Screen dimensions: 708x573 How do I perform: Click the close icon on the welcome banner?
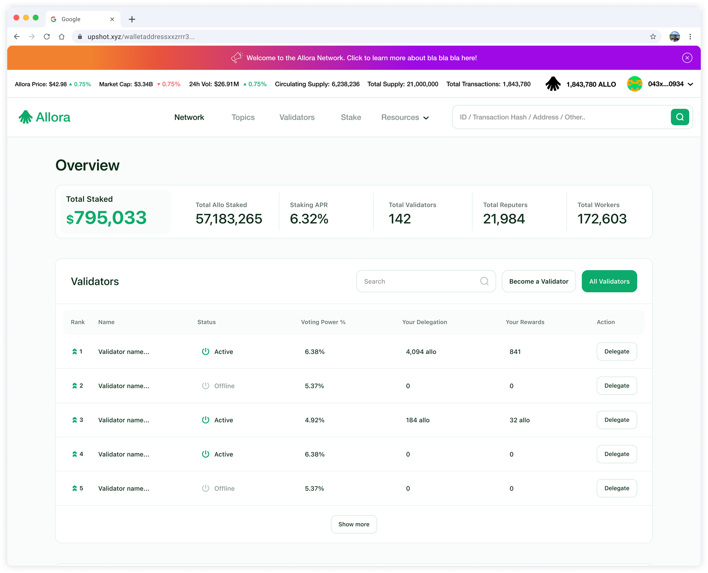point(687,58)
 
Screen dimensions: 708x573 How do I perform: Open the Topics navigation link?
point(243,117)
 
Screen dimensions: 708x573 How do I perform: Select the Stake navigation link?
point(351,117)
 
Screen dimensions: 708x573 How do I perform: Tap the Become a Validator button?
point(539,281)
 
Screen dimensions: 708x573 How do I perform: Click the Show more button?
point(354,524)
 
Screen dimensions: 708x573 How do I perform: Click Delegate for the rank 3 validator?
point(616,420)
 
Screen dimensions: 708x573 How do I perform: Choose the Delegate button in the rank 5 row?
point(616,488)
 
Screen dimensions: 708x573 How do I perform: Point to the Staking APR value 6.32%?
point(309,219)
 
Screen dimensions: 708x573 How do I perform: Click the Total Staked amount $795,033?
point(106,218)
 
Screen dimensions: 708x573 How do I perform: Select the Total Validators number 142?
point(400,219)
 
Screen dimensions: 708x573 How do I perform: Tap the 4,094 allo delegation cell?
point(421,352)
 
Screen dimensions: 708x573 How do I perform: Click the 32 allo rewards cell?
point(519,420)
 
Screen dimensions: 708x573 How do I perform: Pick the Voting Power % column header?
point(323,322)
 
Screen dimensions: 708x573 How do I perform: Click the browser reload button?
point(46,36)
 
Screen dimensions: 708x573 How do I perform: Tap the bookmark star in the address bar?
point(653,36)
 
